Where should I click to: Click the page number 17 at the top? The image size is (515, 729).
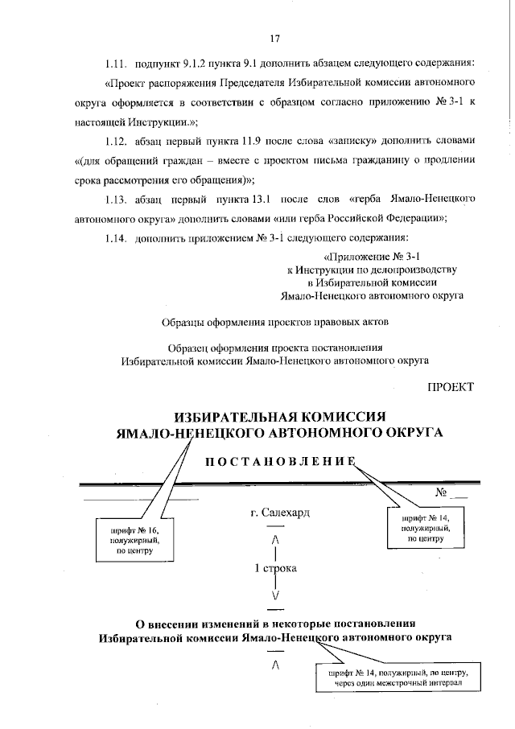274,39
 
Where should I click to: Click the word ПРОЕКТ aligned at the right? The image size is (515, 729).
451,387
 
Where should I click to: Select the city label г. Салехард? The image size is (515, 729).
280,513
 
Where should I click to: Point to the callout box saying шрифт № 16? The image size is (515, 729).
135,540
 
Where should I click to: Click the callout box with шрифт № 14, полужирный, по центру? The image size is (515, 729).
426,528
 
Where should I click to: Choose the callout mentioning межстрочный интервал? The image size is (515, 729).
398,678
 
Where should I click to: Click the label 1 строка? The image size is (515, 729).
276,568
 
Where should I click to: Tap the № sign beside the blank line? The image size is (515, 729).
441,492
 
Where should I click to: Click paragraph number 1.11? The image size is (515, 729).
116,63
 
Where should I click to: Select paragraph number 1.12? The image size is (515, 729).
116,140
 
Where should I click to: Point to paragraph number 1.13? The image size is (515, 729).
116,200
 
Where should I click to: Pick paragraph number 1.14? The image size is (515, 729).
116,238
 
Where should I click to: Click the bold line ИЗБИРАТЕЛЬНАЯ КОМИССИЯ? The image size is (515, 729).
280,416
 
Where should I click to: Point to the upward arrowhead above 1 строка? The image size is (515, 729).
276,540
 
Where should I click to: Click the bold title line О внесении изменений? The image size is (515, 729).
275,624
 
